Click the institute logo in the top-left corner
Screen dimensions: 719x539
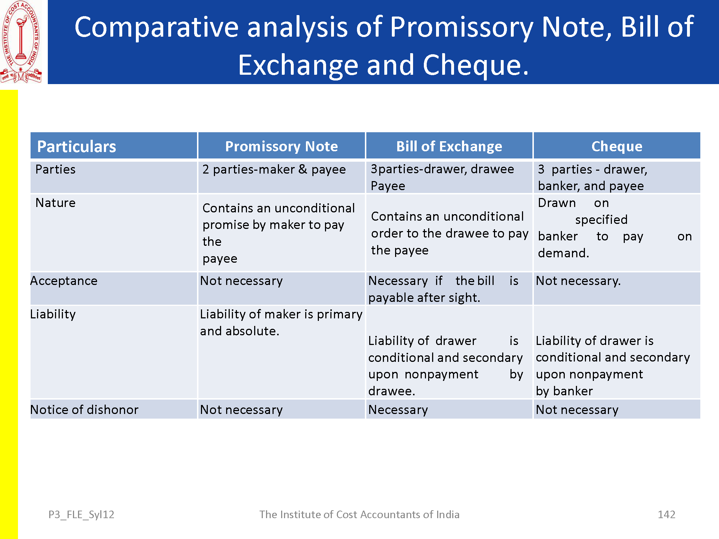21,42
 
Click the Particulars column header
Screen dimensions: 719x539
77,146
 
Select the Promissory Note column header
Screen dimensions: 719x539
281,146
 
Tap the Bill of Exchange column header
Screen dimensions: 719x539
449,146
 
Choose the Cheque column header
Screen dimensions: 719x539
617,146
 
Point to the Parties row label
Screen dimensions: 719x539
55,169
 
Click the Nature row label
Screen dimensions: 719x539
55,203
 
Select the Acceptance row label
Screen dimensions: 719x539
64,281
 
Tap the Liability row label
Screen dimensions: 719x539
53,314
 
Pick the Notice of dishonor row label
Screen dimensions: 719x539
84,410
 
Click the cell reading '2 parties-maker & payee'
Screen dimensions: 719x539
274,169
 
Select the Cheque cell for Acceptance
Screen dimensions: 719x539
578,281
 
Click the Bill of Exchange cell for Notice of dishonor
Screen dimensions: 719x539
398,410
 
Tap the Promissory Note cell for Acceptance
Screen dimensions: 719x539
241,281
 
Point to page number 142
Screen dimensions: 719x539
667,515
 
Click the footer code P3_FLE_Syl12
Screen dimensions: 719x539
81,515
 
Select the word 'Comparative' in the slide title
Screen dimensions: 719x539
156,27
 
